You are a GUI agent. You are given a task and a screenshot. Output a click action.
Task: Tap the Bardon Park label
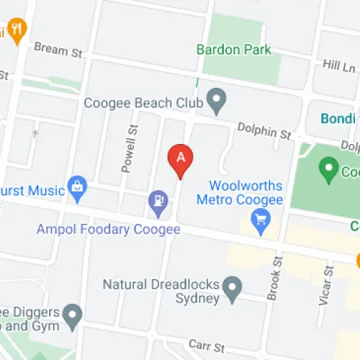tap(234, 50)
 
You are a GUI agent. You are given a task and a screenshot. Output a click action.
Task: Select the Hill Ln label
tap(339, 66)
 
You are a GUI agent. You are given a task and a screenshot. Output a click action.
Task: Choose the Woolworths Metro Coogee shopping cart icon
tap(260, 219)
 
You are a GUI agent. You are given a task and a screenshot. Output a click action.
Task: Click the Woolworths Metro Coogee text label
tap(246, 191)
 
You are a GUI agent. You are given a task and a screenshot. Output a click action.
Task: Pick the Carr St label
tap(203, 344)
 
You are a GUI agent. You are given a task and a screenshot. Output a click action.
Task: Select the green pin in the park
tap(330, 170)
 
